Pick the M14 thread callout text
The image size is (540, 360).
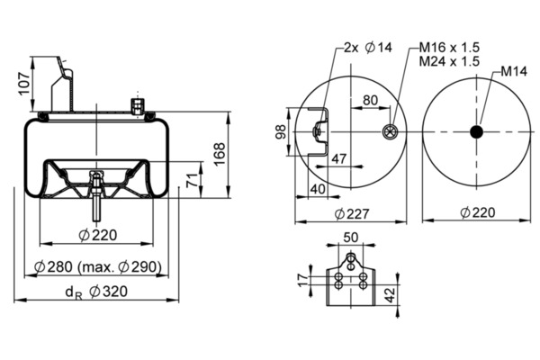[514, 70]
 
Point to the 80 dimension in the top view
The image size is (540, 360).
[370, 100]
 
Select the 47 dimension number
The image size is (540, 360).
[337, 159]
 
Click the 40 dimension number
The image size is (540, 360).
[317, 188]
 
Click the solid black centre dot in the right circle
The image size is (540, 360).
[475, 131]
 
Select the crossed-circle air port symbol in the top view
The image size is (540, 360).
[389, 132]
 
